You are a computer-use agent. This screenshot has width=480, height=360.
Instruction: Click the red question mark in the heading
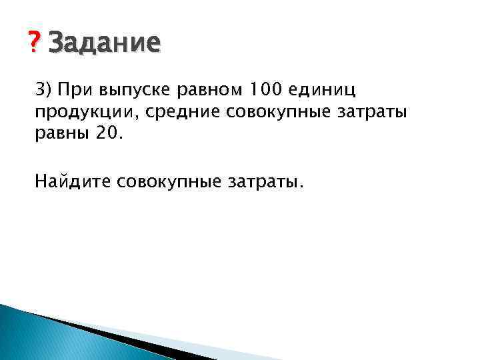[36, 45]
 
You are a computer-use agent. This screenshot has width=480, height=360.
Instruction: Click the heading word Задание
[105, 44]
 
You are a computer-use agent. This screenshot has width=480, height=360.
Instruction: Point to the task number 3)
[44, 89]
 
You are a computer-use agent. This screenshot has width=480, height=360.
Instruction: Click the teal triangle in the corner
[33, 337]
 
